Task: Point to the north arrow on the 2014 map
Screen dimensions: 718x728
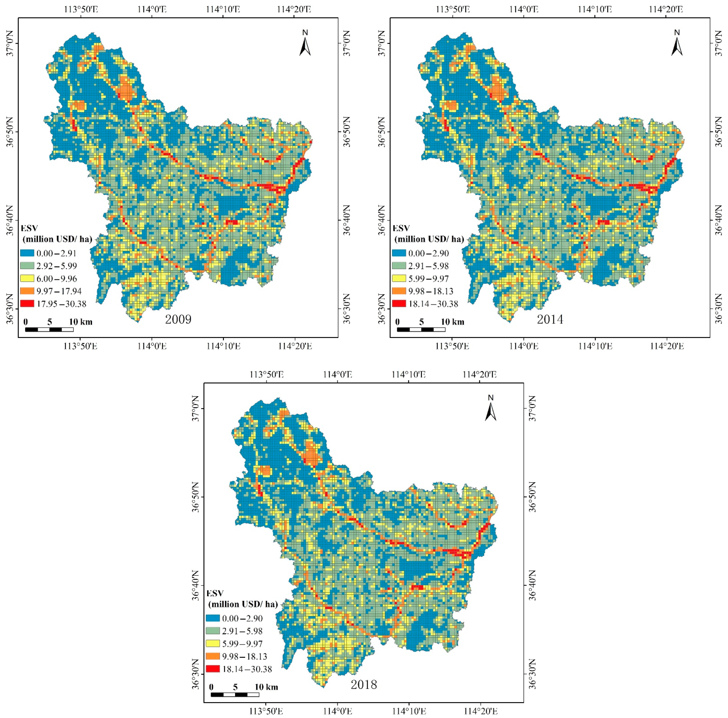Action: coord(677,44)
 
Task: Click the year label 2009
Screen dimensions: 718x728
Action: coord(178,319)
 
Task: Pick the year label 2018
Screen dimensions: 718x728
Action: coord(364,684)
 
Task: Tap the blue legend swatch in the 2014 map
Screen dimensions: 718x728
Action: coord(399,253)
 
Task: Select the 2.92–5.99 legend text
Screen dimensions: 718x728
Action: coord(56,266)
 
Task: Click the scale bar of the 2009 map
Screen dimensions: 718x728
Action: coord(49,330)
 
